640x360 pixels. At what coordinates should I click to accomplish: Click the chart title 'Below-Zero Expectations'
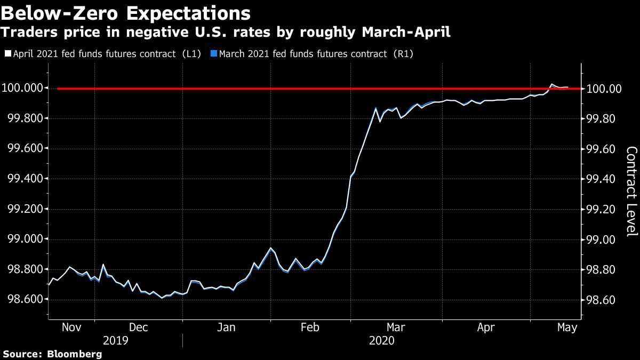click(x=126, y=13)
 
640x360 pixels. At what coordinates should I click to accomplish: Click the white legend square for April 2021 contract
click(x=7, y=54)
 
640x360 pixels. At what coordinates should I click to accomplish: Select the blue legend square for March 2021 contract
click(x=213, y=54)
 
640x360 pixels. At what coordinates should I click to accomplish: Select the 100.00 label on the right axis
click(x=604, y=89)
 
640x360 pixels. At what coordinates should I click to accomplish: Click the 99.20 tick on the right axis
click(x=602, y=210)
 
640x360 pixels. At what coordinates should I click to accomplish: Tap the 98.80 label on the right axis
click(x=602, y=270)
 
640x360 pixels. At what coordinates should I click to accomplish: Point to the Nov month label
click(x=71, y=327)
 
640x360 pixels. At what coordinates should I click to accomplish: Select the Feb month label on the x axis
click(x=310, y=327)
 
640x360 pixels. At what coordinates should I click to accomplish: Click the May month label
click(x=567, y=327)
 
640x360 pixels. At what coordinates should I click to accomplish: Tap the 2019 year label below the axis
click(x=115, y=341)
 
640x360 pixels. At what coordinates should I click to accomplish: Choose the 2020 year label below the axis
click(x=382, y=341)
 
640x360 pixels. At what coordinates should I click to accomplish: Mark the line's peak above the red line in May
click(x=551, y=84)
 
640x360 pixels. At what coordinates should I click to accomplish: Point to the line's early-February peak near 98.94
click(x=271, y=248)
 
